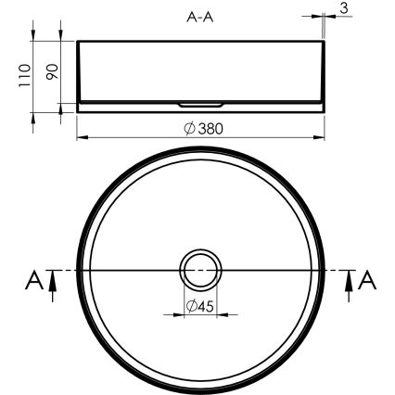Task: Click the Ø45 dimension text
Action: pyautogui.click(x=200, y=306)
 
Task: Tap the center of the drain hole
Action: pyautogui.click(x=199, y=270)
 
